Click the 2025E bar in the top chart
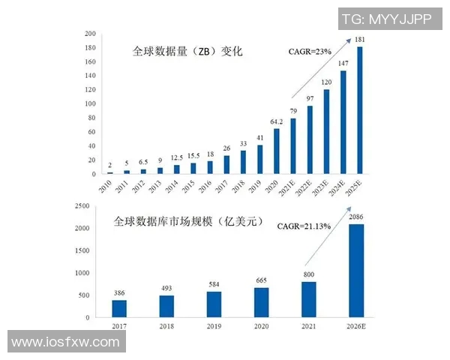coord(360,110)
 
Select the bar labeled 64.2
coord(277,151)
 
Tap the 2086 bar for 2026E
coord(358,271)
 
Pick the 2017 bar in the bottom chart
coord(119,308)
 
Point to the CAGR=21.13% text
coord(304,226)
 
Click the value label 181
coord(361,40)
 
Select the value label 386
coord(119,293)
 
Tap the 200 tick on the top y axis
coord(89,34)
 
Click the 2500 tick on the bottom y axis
coord(84,205)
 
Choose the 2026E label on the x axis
coord(358,328)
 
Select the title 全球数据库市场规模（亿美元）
coord(188,222)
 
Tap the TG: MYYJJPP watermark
coord(386,19)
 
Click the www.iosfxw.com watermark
coord(66,342)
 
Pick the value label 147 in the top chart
coord(343,64)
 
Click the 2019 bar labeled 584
coord(214,304)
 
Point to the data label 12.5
coord(177,157)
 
